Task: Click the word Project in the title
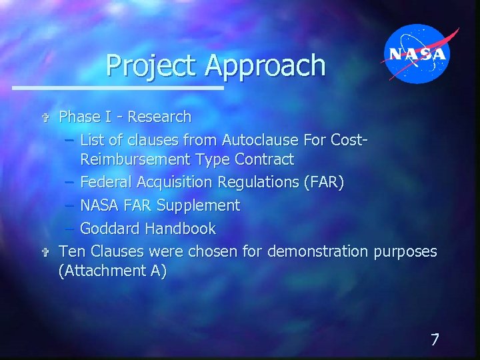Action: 153,66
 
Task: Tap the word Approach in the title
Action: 265,66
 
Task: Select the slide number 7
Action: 435,339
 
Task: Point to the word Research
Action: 159,117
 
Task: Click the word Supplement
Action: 198,205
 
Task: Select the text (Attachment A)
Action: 112,271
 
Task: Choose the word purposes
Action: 405,252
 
